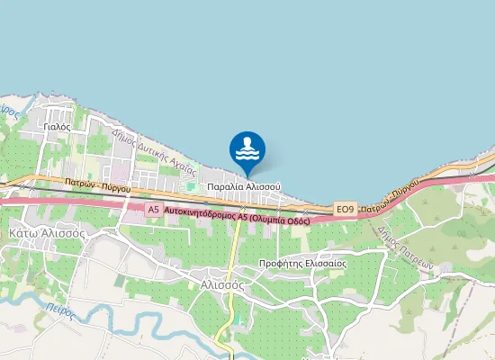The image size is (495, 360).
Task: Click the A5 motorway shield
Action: pyautogui.click(x=153, y=210)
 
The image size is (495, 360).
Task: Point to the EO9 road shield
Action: pyautogui.click(x=345, y=210)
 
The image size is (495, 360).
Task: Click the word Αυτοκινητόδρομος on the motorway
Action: pyautogui.click(x=202, y=215)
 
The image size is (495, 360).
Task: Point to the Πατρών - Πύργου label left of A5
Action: pyautogui.click(x=97, y=186)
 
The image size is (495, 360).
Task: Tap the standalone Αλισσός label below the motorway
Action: pyautogui.click(x=221, y=283)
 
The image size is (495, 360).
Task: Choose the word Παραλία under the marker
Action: pyautogui.click(x=224, y=186)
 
